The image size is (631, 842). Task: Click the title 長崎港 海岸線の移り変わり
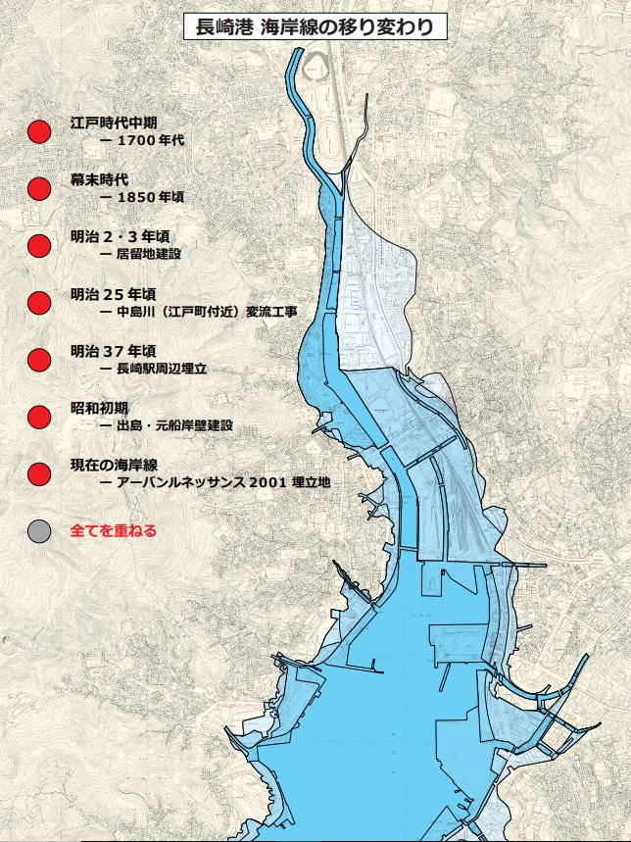[x=315, y=26]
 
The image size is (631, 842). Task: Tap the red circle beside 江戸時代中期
[x=39, y=131]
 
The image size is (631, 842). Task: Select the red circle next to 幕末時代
[x=39, y=188]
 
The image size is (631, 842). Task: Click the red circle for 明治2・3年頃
[x=39, y=245]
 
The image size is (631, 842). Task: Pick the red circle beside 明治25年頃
[x=39, y=302]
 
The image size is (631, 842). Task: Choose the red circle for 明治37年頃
[x=39, y=359]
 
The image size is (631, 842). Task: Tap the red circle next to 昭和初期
[x=39, y=417]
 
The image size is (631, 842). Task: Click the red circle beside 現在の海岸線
[x=39, y=473]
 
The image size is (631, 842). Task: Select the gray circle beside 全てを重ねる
[x=39, y=531]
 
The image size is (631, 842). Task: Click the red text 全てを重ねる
[x=114, y=531]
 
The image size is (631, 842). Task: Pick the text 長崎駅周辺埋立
[x=161, y=368]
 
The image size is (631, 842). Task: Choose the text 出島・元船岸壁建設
[x=172, y=425]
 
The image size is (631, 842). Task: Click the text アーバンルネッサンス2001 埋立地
[x=222, y=482]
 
